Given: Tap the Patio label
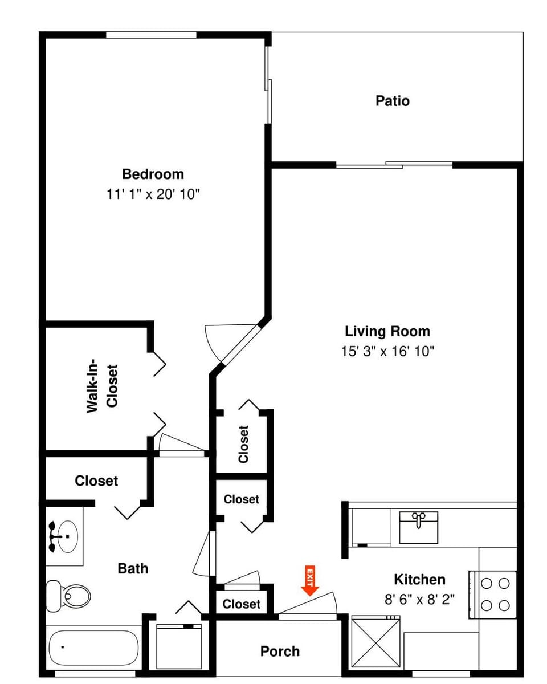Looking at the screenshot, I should (x=392, y=101).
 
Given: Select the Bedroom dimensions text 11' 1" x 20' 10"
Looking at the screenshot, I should (x=153, y=194).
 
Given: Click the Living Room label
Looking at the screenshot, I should (x=387, y=331).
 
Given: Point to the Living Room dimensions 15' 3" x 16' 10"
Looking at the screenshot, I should (x=387, y=351).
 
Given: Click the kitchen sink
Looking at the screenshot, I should (x=419, y=527).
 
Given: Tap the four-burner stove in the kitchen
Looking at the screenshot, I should (x=494, y=595).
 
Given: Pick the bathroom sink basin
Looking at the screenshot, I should (x=64, y=536).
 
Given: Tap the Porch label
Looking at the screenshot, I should (x=280, y=651).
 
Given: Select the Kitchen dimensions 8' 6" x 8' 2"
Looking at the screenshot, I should (x=419, y=600).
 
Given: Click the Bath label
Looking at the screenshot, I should (x=133, y=568).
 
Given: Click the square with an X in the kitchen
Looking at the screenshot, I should (x=376, y=642).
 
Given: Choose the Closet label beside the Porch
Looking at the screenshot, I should (x=241, y=604).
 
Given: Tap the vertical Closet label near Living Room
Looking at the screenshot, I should (x=243, y=444).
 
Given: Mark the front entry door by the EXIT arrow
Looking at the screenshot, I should (x=307, y=606).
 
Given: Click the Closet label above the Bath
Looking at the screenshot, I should (x=96, y=481).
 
